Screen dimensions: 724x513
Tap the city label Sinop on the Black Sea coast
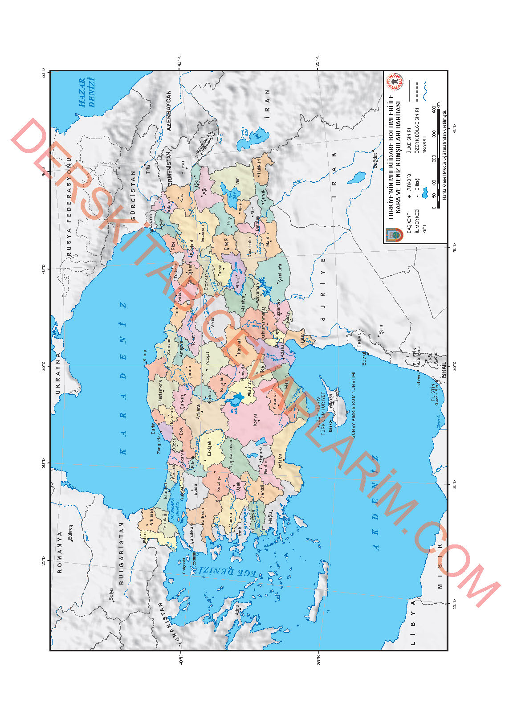pos(144,356)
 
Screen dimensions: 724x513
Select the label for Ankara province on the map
pos(198,412)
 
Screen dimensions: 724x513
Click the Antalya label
pos(280,461)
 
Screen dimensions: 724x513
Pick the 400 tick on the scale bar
pos(434,109)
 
